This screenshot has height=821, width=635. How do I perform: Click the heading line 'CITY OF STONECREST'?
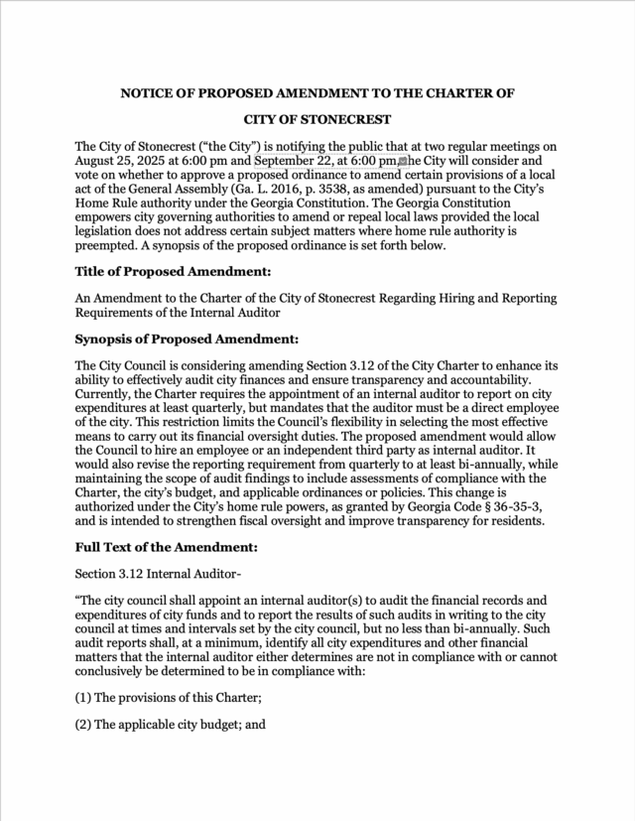click(317, 118)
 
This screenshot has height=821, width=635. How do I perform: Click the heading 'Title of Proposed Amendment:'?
click(173, 271)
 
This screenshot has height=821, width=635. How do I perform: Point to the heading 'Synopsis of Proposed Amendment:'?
click(187, 339)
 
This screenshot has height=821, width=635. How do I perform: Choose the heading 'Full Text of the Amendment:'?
click(166, 546)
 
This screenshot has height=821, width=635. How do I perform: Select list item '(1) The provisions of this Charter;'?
click(169, 698)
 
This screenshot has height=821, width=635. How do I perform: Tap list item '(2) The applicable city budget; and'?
click(170, 725)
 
